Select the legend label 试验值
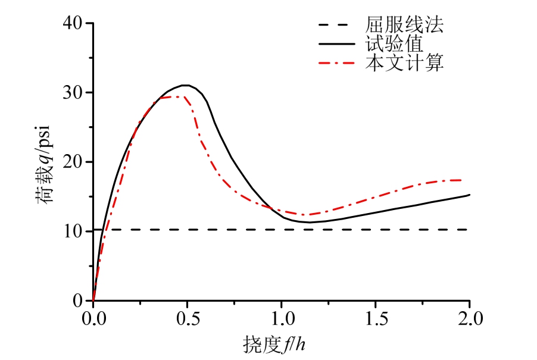(x=394, y=44)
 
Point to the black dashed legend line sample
(x=337, y=26)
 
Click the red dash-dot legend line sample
(x=337, y=62)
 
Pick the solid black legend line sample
(x=337, y=43)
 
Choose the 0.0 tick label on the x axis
(x=93, y=315)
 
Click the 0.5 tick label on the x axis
(x=188, y=315)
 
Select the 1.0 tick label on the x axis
(x=282, y=315)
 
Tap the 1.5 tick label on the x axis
(x=376, y=315)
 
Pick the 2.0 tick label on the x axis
(x=470, y=315)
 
